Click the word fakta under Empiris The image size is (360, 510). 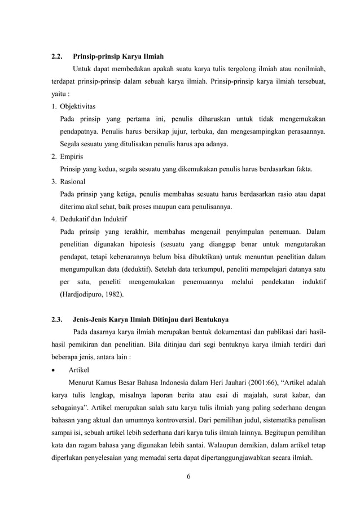click(x=304, y=169)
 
